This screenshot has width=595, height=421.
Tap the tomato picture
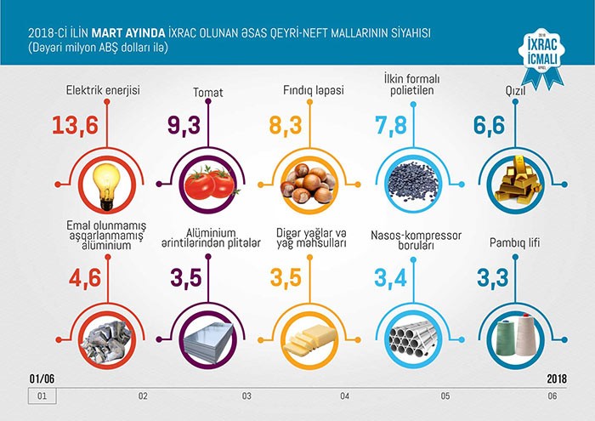[208, 181]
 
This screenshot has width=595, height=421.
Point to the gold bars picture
[512, 181]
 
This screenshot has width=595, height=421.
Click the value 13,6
[76, 126]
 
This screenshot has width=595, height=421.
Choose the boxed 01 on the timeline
[38, 395]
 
